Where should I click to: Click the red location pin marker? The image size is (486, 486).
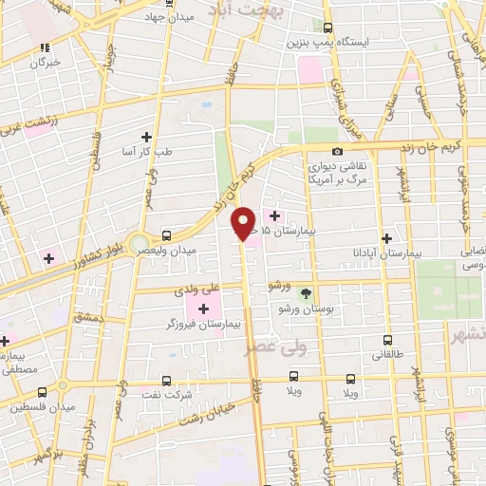pos(244,223)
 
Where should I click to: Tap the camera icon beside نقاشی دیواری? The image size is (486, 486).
pos(337,152)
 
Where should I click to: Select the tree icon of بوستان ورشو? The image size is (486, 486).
pos(305,293)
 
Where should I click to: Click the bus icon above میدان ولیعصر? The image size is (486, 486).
pos(167,234)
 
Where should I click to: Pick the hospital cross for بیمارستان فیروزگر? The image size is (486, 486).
pos(203,308)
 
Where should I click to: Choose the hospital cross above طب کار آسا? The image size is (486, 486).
pos(145,137)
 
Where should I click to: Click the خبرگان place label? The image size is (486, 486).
pos(44,62)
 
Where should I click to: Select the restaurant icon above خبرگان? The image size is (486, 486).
pos(44,47)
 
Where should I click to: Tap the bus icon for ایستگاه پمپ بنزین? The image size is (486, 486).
pos(328,28)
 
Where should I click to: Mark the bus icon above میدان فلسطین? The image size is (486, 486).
pos(41,392)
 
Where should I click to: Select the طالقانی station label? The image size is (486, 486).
pos(387,356)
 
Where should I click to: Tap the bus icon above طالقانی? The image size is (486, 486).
pos(387,340)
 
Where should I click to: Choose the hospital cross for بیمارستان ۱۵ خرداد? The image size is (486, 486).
pos(275,215)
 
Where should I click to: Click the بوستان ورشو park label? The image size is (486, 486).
pos(306,309)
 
